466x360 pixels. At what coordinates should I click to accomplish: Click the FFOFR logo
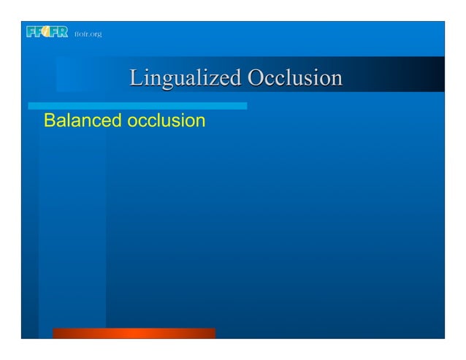click(47, 32)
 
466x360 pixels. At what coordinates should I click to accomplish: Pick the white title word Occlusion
click(294, 78)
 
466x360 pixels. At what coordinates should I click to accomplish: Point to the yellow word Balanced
click(83, 120)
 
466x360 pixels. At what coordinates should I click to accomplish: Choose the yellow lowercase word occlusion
click(166, 120)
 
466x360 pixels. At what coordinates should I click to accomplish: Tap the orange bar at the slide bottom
click(134, 333)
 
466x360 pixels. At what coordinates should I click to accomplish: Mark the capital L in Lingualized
click(136, 78)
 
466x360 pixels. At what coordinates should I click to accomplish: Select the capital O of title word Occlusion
click(256, 78)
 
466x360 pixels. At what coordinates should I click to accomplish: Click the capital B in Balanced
click(50, 120)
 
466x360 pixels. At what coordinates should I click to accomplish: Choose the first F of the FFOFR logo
click(30, 32)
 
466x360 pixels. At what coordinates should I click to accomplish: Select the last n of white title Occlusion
click(336, 80)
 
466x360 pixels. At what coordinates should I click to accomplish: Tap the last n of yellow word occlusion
click(200, 121)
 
